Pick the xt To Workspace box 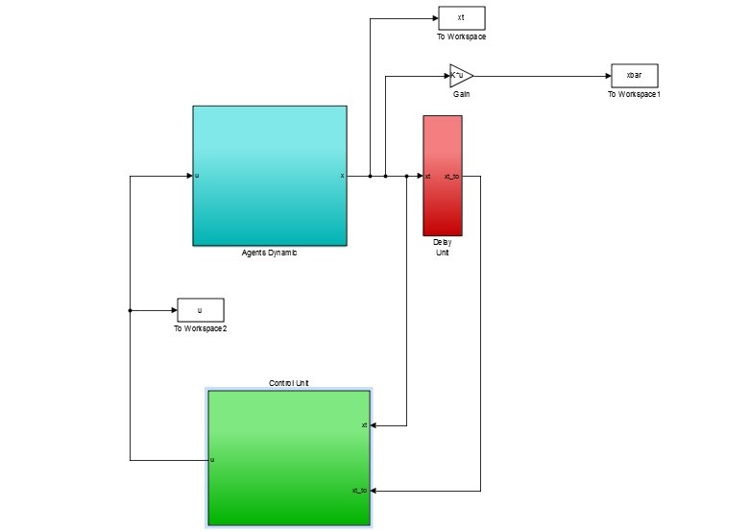click(x=462, y=18)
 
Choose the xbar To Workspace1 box click(x=634, y=75)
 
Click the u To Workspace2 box click(x=200, y=309)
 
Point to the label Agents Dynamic click(x=270, y=253)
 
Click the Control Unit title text click(x=289, y=382)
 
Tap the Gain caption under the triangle click(x=461, y=94)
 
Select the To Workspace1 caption click(x=635, y=94)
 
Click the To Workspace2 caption click(x=200, y=328)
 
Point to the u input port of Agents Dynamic click(x=197, y=176)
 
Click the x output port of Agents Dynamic click(x=342, y=176)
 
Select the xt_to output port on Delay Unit click(x=452, y=177)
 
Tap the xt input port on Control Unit click(x=365, y=424)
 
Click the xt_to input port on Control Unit click(x=360, y=491)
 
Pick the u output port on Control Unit click(x=212, y=460)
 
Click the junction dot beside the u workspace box click(x=130, y=310)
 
